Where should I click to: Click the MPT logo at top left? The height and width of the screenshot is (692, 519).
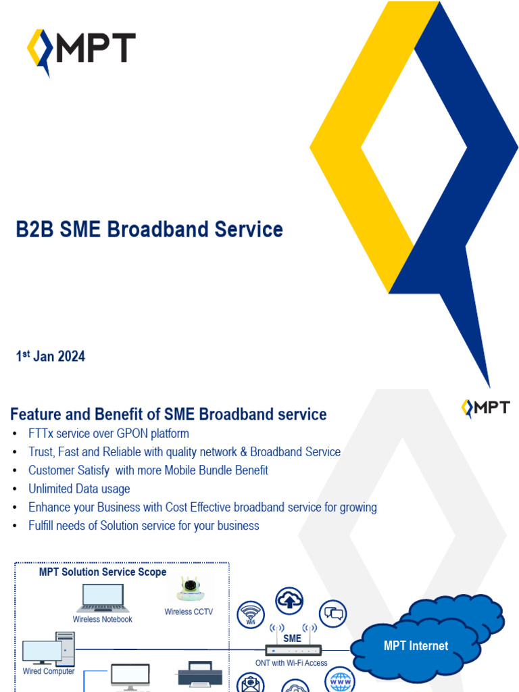tap(81, 49)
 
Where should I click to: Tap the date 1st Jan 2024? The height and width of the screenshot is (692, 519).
tap(51, 356)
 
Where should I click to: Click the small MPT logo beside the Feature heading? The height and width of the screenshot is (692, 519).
tap(485, 407)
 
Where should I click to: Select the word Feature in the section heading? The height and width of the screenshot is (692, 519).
tap(36, 414)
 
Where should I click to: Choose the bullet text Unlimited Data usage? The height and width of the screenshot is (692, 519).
tap(79, 489)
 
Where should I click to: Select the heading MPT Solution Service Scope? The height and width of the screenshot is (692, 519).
tap(103, 572)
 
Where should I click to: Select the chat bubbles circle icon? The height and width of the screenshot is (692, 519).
tap(332, 614)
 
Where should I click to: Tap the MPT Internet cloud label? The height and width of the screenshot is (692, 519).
tap(416, 646)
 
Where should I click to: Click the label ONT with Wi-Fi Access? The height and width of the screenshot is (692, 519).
tap(291, 663)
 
